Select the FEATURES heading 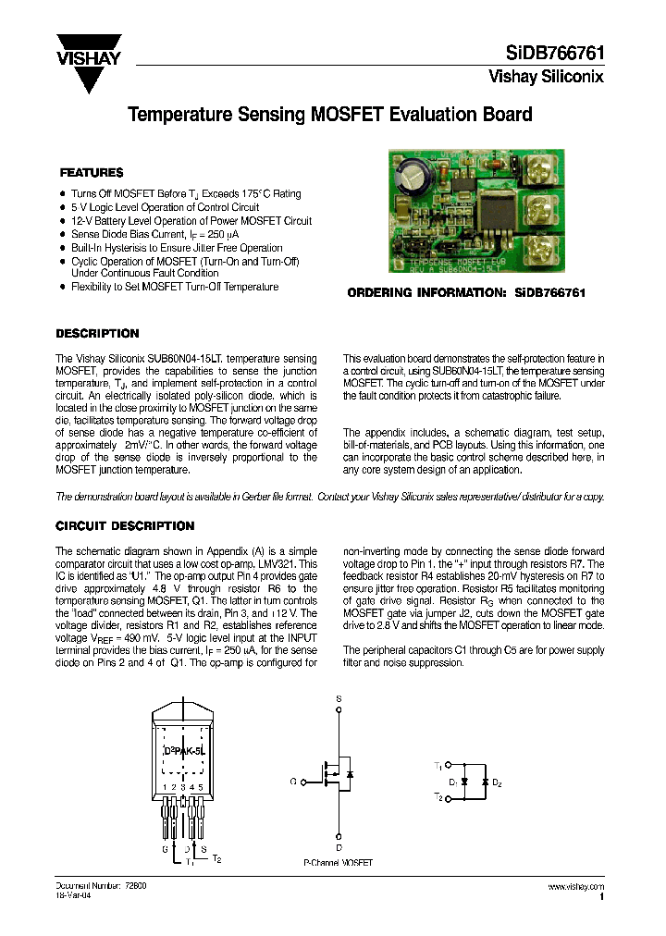coord(92,173)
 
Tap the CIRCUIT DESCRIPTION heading coord(125,526)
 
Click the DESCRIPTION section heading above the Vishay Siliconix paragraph coord(97,334)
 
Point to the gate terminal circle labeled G coord(303,782)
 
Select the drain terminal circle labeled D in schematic coord(339,835)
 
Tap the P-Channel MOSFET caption coord(338,862)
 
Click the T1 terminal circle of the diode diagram coord(449,766)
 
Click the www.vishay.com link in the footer coord(576,886)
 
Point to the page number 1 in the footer coord(602,897)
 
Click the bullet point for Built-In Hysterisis coord(62,248)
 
